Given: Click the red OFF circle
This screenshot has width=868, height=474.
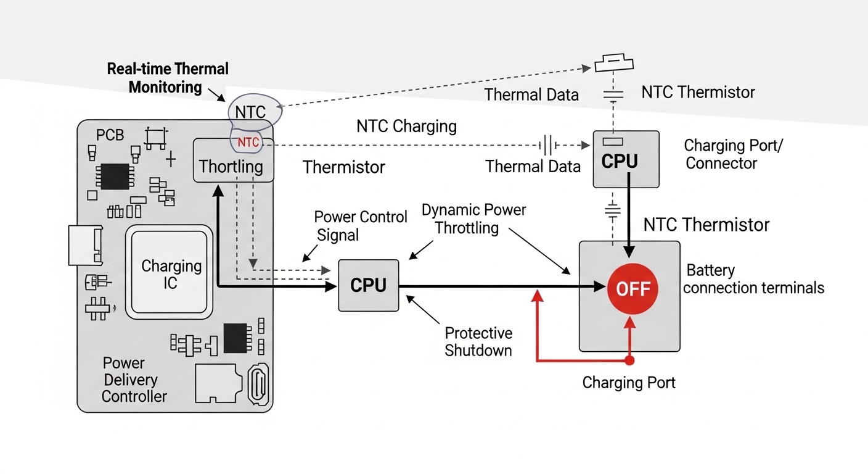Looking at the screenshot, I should (633, 289).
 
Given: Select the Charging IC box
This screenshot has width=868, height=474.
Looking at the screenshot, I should (171, 274).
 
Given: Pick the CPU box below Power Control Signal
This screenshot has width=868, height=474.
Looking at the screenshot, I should (369, 285).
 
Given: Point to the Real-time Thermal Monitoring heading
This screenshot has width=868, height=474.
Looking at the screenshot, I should (167, 78).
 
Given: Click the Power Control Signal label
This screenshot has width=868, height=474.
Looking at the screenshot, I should (361, 226).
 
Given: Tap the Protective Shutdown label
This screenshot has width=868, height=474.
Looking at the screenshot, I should (478, 342).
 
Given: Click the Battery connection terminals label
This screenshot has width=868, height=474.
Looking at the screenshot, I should (753, 279).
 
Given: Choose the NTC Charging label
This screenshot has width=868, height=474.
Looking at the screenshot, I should (406, 127).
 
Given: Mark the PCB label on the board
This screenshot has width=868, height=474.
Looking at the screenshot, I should (110, 135).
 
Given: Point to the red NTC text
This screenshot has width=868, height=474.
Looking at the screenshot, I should (248, 143).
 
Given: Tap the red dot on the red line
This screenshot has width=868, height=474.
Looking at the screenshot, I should (629, 360).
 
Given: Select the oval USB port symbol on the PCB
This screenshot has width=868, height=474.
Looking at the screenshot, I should (258, 386).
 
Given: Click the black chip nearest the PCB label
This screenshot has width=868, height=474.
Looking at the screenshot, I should (115, 176).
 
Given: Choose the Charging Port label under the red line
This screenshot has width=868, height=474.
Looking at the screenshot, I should (629, 383).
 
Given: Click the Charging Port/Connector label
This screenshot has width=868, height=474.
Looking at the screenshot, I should (727, 154).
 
